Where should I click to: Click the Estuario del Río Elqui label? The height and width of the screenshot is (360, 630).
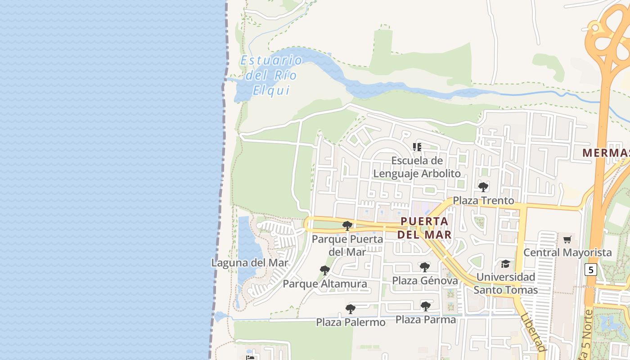coord(271,75)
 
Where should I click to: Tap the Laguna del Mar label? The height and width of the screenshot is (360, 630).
coord(250,263)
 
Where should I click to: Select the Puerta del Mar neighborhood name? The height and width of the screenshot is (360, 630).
coord(424,228)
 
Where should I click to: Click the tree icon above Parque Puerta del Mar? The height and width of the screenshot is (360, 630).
coord(347,225)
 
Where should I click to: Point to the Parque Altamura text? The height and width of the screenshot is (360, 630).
coord(324,284)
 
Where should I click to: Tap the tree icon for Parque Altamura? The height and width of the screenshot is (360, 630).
coord(324,270)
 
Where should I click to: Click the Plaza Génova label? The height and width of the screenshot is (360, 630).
coord(425,281)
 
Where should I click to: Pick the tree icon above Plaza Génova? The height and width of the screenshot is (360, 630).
coord(424,267)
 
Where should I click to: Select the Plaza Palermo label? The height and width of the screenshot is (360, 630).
coord(351,322)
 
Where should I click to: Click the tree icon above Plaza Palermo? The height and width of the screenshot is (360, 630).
coord(350,309)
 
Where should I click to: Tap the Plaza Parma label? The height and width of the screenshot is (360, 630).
coord(426,319)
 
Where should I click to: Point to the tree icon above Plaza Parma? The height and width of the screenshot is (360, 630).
coord(425,306)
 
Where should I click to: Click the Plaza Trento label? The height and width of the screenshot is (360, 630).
coord(483,200)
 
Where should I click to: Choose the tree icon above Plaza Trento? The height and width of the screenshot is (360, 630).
coord(483,187)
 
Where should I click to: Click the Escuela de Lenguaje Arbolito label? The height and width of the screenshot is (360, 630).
coord(417,167)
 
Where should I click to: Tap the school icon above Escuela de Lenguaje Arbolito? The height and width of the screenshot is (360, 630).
coord(417,147)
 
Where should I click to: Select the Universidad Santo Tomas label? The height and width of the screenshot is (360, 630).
coord(506,283)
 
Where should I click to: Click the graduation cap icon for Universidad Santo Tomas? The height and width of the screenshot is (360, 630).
coord(506,264)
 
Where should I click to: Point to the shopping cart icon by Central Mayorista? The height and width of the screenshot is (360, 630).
coord(567,239)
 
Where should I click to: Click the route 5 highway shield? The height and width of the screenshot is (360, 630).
coord(590,270)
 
